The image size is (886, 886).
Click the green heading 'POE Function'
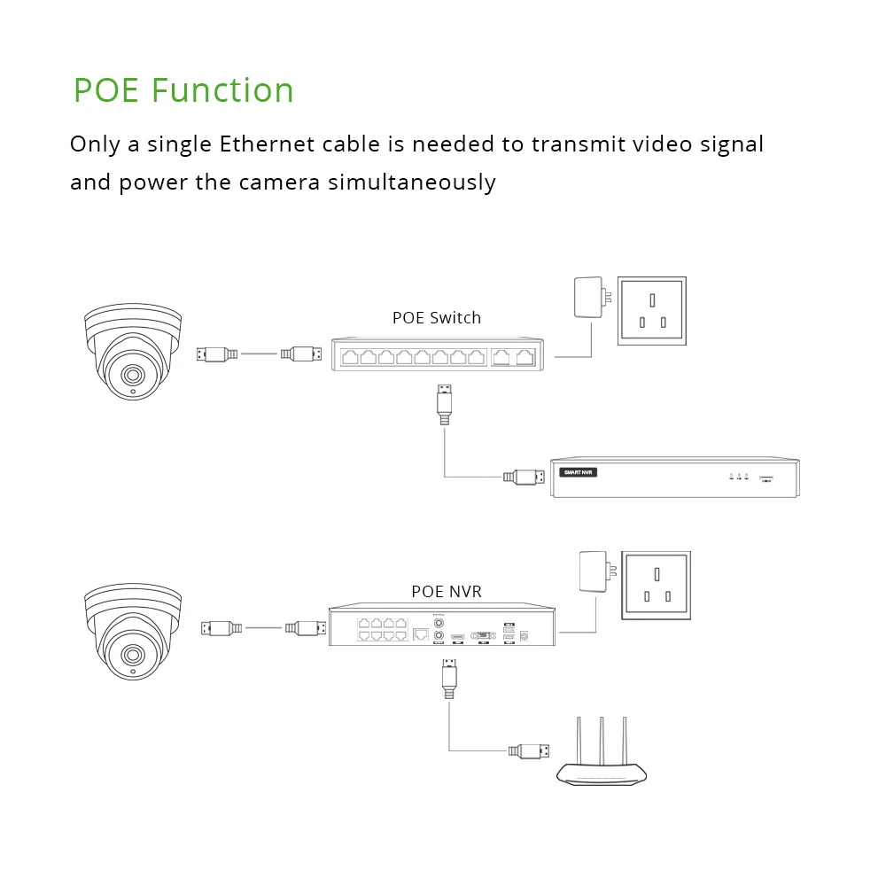pyautogui.click(x=183, y=90)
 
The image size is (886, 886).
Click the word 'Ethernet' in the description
pyautogui.click(x=262, y=144)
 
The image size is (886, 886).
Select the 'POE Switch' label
pyautogui.click(x=437, y=317)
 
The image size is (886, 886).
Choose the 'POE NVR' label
pyautogui.click(x=447, y=591)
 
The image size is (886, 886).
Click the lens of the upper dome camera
pyautogui.click(x=131, y=373)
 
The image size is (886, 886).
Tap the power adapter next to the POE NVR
pyautogui.click(x=591, y=571)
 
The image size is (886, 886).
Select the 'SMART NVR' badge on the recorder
pyautogui.click(x=579, y=472)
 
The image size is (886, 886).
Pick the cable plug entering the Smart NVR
pyautogui.click(x=524, y=477)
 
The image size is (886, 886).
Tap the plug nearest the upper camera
pyautogui.click(x=216, y=354)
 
